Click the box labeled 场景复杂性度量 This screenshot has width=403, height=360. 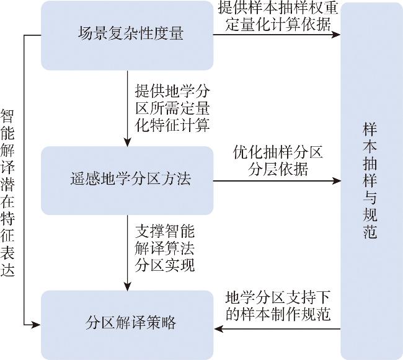pyautogui.click(x=127, y=35)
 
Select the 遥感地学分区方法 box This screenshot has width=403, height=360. pyautogui.click(x=127, y=180)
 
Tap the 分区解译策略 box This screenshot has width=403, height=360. pyautogui.click(x=127, y=325)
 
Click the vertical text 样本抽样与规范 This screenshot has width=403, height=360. pyautogui.click(x=370, y=180)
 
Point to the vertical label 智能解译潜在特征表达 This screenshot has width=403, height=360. pyautogui.click(x=7, y=193)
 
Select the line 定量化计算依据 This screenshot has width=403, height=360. pyautogui.click(x=278, y=25)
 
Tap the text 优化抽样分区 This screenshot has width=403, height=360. pyautogui.click(x=278, y=152)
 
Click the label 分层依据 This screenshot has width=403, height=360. pyautogui.click(x=278, y=169)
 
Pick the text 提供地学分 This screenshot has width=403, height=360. pyautogui.click(x=172, y=91)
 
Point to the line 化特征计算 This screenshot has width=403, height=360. pyautogui.click(x=172, y=125)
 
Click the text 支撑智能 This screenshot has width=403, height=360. pyautogui.click(x=165, y=231)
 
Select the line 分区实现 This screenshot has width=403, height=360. pyautogui.click(x=165, y=265)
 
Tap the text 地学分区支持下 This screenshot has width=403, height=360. pyautogui.click(x=278, y=298)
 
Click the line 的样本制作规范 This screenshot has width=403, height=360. pyautogui.click(x=278, y=315)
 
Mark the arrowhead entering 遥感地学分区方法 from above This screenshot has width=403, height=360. pyautogui.click(x=127, y=142)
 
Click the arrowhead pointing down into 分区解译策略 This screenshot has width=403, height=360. pyautogui.click(x=127, y=286)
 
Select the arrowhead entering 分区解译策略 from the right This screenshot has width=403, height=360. pyautogui.click(x=218, y=328)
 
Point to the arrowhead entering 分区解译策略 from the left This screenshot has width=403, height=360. pyautogui.click(x=36, y=325)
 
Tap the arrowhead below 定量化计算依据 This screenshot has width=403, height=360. pyautogui.click(x=336, y=35)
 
